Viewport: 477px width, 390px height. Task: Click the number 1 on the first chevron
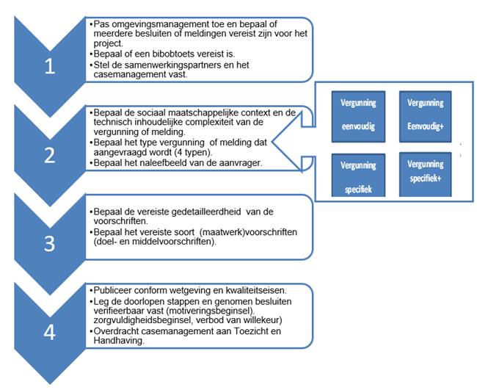click(49, 66)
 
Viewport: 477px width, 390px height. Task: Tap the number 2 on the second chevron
click(49, 155)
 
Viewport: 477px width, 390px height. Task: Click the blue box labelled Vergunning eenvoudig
click(357, 115)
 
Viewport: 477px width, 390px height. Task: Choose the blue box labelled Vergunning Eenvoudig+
click(426, 115)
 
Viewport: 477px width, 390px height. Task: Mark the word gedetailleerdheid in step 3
click(195, 212)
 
